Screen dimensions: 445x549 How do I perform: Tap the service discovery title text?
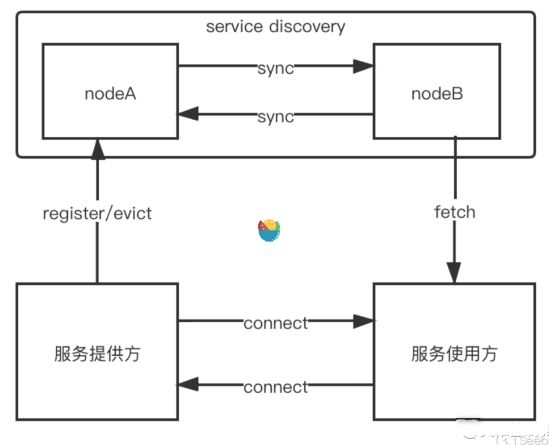pos(275,27)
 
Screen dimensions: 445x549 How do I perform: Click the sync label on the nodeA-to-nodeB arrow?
pos(276,68)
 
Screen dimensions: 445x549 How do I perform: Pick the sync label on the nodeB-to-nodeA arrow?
pos(276,116)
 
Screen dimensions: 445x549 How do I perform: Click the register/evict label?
pos(97,213)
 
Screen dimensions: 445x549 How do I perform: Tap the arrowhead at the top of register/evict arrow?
pos(97,148)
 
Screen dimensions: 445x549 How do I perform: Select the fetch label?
pos(454,211)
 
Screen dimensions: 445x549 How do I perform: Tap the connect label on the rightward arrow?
pos(276,323)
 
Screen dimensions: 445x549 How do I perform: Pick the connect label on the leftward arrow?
pos(276,386)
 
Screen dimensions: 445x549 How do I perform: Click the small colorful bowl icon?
pos(269,230)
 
